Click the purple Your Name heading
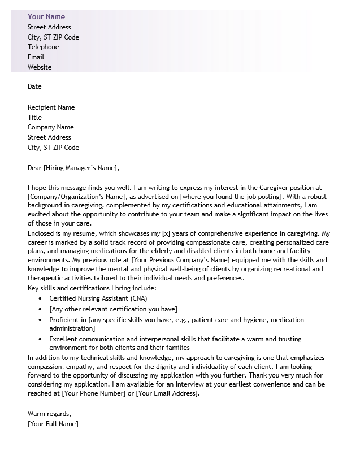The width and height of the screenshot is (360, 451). pyautogui.click(x=46, y=16)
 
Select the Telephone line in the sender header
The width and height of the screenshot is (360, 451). pyautogui.click(x=43, y=47)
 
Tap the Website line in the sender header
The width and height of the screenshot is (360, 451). pyautogui.click(x=40, y=67)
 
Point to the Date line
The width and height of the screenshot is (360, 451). pyautogui.click(x=34, y=86)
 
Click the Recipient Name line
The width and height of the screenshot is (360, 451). pyautogui.click(x=51, y=107)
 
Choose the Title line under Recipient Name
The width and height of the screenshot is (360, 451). pyautogui.click(x=34, y=118)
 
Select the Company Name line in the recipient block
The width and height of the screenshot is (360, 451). pyautogui.click(x=50, y=127)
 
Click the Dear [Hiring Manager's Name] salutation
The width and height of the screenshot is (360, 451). pyautogui.click(x=73, y=168)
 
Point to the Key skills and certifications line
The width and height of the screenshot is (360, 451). pyautogui.click(x=92, y=288)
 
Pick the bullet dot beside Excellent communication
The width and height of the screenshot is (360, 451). pyautogui.click(x=41, y=339)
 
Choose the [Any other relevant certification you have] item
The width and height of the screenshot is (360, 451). pyautogui.click(x=113, y=309)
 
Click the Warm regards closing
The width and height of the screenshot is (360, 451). pyautogui.click(x=49, y=414)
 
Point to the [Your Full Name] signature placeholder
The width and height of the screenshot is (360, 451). pyautogui.click(x=53, y=424)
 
